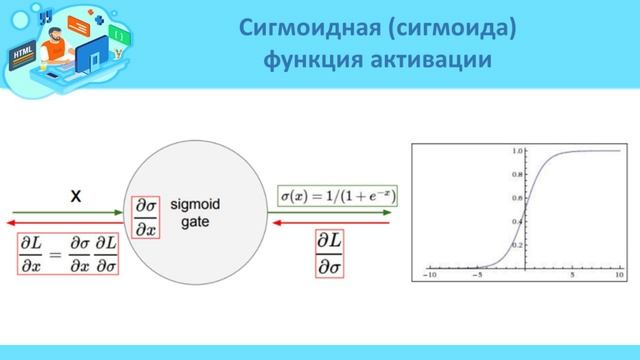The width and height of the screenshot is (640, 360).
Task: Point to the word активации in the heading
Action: click(x=436, y=61)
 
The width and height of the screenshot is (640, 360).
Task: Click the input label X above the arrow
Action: click(x=74, y=198)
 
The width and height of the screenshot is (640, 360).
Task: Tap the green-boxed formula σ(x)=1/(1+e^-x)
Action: click(x=337, y=196)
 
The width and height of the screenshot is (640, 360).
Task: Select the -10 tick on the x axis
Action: click(x=431, y=274)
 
